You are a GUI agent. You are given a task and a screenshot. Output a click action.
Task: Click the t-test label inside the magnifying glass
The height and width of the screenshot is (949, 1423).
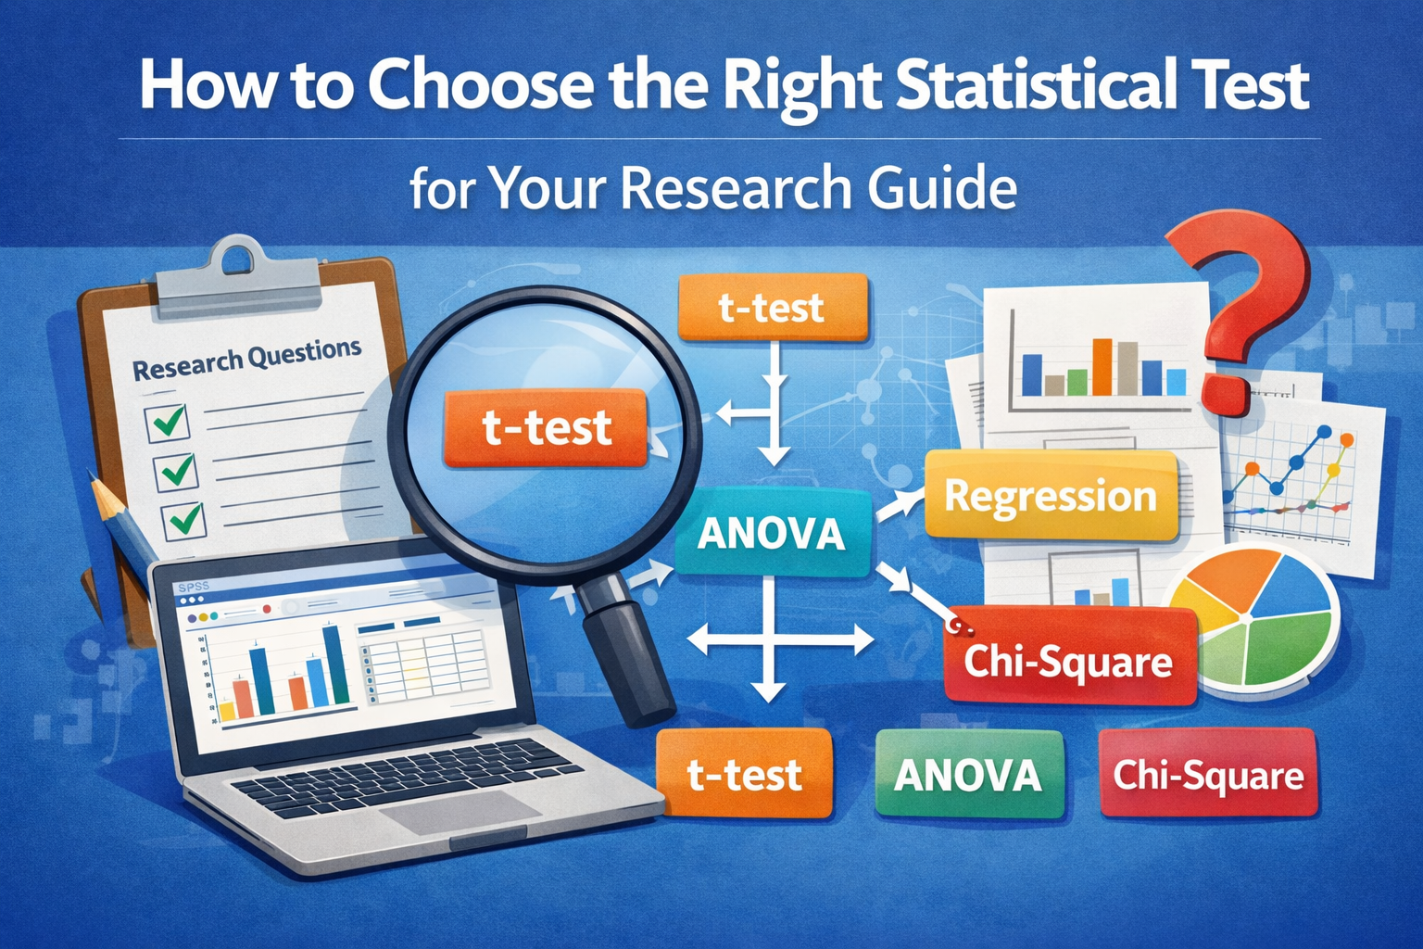click(x=547, y=427)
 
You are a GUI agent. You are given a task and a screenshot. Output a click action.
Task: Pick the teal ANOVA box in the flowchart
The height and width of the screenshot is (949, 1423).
click(x=772, y=534)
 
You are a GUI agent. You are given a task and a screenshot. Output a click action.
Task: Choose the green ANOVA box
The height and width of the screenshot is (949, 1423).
click(x=968, y=775)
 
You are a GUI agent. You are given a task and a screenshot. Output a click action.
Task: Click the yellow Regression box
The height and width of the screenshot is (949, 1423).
click(x=1051, y=497)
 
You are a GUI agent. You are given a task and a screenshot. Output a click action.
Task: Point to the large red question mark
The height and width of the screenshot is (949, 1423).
click(x=1241, y=306)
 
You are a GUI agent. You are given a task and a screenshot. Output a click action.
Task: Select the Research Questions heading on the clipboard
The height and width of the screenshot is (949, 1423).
click(x=246, y=359)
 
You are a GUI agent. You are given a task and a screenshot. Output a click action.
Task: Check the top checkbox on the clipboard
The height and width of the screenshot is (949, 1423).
click(x=168, y=423)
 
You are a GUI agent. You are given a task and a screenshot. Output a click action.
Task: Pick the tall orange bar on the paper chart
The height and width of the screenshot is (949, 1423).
click(x=1102, y=366)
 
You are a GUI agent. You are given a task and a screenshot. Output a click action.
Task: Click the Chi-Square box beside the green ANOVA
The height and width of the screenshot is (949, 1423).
click(x=1208, y=775)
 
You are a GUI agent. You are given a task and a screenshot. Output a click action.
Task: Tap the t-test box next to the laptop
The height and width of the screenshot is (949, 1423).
click(x=744, y=775)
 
